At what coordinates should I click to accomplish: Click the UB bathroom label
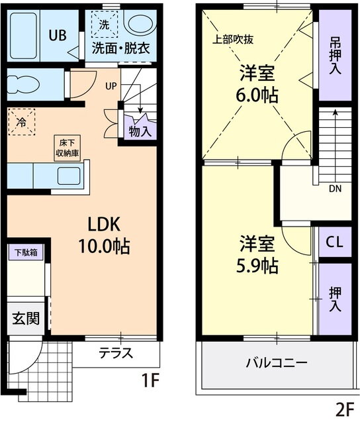[x=56, y=35]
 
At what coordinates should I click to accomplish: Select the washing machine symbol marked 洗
[x=104, y=25]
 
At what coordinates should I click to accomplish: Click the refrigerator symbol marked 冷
[x=21, y=122]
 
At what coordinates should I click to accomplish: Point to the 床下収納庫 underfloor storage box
[x=67, y=148]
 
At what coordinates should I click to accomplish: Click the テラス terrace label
[x=116, y=352]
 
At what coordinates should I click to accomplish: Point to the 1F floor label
[x=151, y=382]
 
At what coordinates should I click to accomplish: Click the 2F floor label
[x=345, y=409]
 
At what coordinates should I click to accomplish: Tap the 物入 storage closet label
[x=140, y=131]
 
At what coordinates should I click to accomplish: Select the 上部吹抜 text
[x=232, y=38]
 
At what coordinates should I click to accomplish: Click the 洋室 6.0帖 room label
[x=257, y=83]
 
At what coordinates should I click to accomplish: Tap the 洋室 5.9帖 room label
[x=257, y=255]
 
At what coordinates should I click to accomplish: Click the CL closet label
[x=334, y=242]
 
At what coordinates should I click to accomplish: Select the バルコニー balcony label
[x=276, y=363]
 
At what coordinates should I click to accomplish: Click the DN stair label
[x=336, y=189]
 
